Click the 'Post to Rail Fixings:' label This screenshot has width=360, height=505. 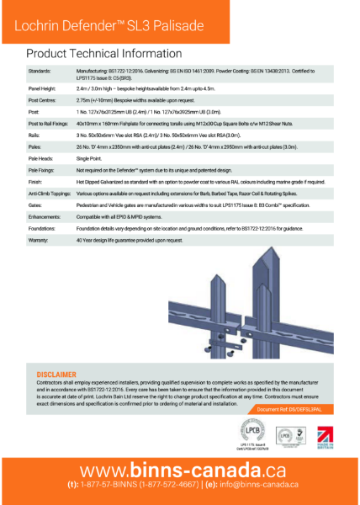coord(50,122)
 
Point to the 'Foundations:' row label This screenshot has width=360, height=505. coord(44,228)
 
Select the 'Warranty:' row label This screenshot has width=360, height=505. coord(40,240)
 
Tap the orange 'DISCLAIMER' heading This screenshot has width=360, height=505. coord(56,373)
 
